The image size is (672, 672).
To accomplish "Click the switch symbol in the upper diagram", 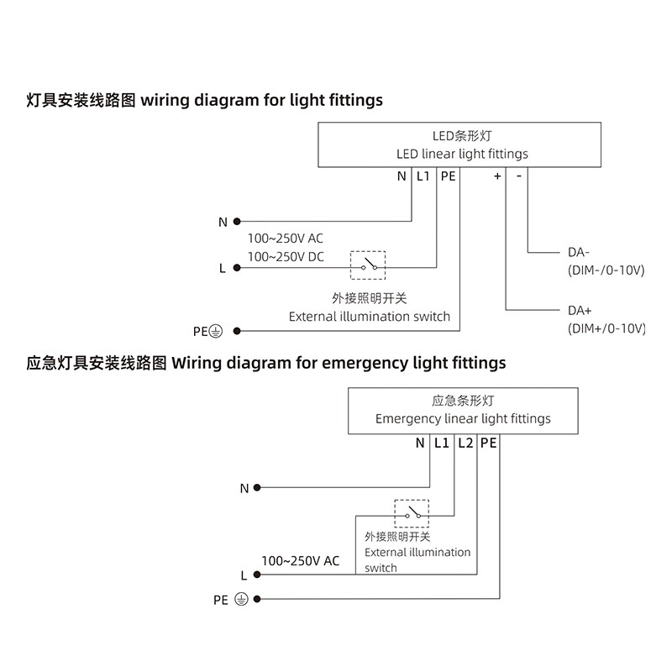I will pos(368,266).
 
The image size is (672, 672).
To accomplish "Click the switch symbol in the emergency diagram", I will pos(412,513).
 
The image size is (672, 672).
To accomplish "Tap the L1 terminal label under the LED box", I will pos(423,176).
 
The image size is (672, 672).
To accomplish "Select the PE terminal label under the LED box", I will pos(448,176).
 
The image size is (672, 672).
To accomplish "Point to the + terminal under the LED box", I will pos(497,176).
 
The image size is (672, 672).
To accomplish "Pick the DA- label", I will pos(579,252).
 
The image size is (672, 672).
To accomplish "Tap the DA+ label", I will pos(580,310).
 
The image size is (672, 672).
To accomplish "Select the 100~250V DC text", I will pos(286,257).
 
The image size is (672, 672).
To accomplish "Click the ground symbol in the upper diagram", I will pos(215,331).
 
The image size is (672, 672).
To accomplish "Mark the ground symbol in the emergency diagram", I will pos(240,600).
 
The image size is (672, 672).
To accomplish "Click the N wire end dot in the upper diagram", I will pos(238,222).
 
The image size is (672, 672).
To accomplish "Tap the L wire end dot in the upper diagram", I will pos(238,268).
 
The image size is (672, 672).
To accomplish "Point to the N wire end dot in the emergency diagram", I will pos(257,487).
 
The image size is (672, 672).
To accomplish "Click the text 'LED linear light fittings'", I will pos(462,154).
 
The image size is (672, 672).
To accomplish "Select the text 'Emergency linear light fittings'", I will pos(463,418).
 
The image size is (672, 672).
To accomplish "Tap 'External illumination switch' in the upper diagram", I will pos(370,317).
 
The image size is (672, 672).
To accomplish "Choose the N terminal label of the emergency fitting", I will pos(420,442).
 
